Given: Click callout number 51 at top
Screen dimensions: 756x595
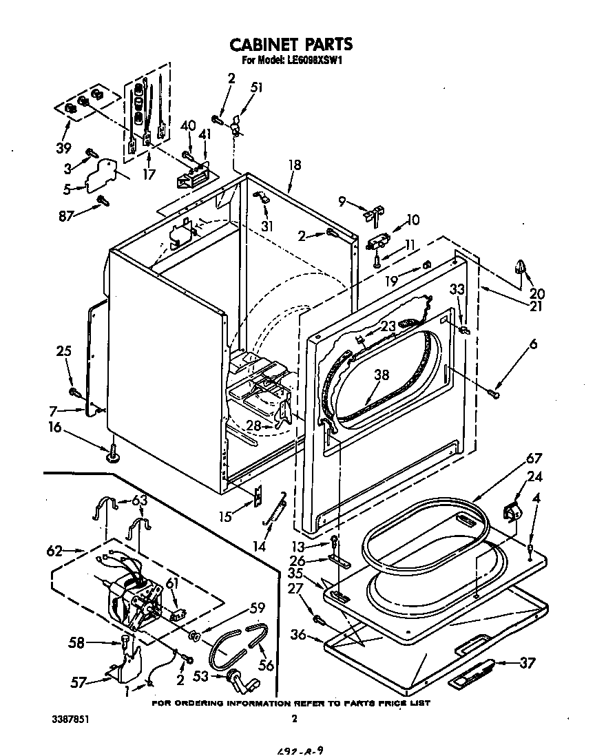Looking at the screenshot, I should pyautogui.click(x=257, y=87).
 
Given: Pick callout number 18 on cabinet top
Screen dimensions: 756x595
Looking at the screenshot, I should pyautogui.click(x=295, y=166).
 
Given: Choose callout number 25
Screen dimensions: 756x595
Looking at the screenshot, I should pyautogui.click(x=63, y=352).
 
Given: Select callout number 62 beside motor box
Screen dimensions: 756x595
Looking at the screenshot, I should pyautogui.click(x=54, y=551).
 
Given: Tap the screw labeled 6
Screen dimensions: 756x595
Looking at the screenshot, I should pyautogui.click(x=494, y=393).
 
